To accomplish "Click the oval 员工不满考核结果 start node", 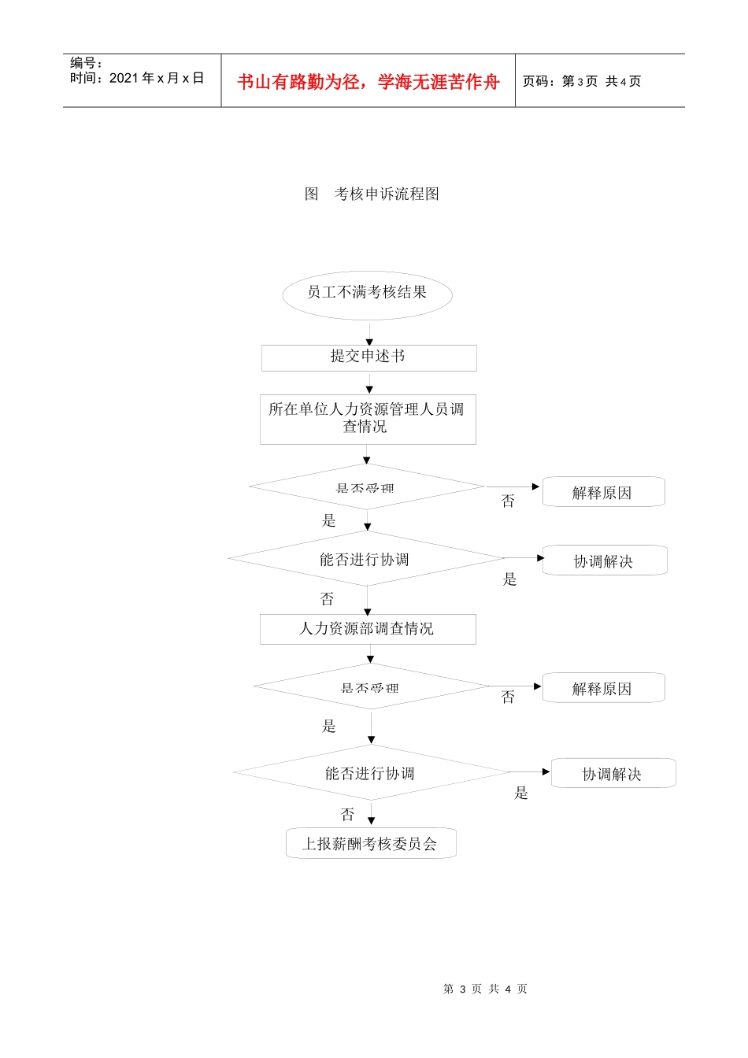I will [367, 295].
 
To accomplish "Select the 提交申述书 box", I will [368, 357].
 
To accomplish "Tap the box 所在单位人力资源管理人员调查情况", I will [368, 419].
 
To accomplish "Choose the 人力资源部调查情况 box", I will [368, 629].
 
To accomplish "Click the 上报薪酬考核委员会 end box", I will [370, 844].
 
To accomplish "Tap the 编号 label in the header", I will [85, 63].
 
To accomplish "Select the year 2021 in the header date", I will [124, 78].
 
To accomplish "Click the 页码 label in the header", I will [539, 82].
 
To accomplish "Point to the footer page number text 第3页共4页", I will [485, 989].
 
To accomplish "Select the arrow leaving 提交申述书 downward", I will [369, 383].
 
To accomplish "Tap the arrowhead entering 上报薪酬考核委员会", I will [371, 821].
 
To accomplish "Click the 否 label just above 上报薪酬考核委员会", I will [348, 814].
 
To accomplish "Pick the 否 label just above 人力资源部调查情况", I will [328, 599].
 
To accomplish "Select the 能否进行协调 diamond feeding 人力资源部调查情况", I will [366, 559].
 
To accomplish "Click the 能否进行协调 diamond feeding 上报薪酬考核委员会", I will [371, 773].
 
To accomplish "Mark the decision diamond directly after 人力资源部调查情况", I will [371, 686].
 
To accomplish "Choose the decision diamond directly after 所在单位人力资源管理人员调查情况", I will [366, 486].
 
